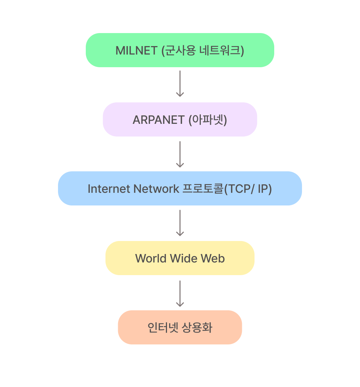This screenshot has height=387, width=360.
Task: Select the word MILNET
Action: coord(136,51)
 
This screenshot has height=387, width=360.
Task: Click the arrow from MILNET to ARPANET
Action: coord(180,83)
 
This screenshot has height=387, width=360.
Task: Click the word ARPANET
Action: coord(159,120)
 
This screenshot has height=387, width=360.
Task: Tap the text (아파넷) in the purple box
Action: coord(208,120)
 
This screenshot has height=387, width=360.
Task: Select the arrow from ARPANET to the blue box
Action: coord(180,154)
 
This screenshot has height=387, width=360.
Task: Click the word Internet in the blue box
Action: coord(108,189)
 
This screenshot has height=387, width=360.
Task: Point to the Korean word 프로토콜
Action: coord(203,189)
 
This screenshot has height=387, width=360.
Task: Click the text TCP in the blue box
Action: coord(238,189)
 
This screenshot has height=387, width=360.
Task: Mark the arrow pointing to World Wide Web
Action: coord(180,223)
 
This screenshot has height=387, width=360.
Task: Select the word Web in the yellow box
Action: coord(213,259)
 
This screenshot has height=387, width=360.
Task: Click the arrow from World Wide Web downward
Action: coord(180,293)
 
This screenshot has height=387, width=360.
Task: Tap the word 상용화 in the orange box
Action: coord(197,328)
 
